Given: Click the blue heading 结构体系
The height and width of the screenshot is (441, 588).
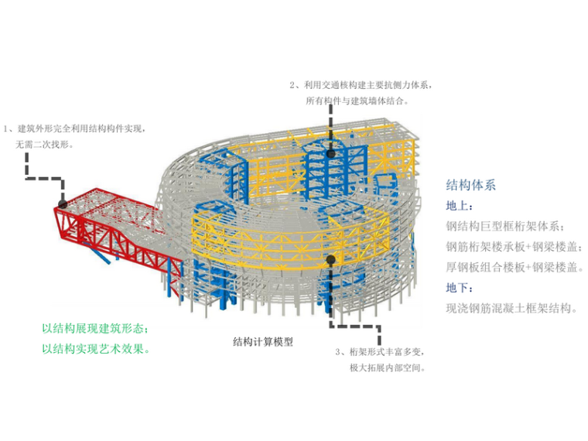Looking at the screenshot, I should tap(470, 186).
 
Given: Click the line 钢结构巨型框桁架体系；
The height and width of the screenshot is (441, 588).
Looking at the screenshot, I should tap(505, 227).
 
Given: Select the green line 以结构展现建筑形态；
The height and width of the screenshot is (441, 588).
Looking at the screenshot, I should tap(94, 328).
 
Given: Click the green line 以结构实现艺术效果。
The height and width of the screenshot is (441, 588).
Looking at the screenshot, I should tap(94, 348).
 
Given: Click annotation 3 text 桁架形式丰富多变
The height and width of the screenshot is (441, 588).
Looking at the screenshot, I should tap(382, 353).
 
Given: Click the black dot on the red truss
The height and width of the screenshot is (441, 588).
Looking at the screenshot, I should tap(63, 203).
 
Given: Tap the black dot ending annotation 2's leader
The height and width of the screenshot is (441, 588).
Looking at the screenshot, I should tap(331, 154).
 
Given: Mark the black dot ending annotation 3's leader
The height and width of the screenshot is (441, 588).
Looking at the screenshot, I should tap(330, 260).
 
